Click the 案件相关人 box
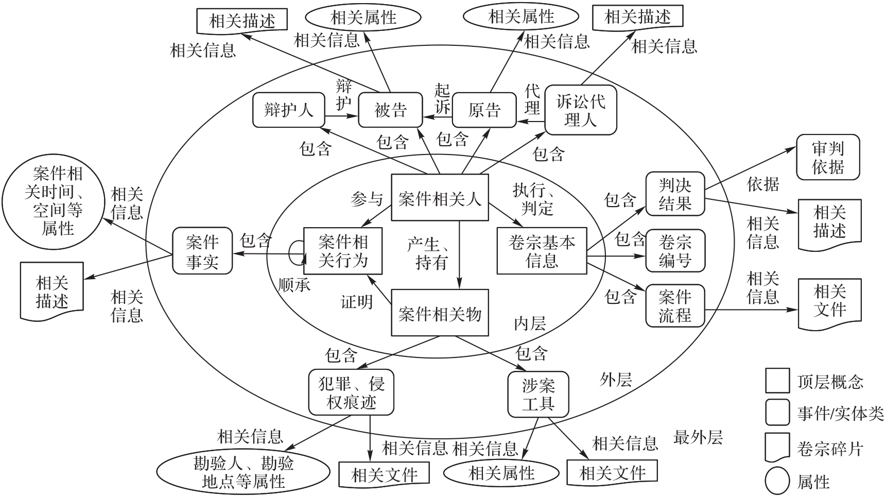(440, 198)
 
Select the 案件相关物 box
(440, 313)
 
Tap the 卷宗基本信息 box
(542, 251)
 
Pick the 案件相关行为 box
(343, 251)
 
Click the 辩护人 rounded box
(289, 110)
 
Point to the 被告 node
(390, 110)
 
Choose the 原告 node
(484, 110)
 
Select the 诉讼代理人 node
(580, 110)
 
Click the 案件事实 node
(202, 251)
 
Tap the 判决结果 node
(675, 193)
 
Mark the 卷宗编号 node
(675, 251)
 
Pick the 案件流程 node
(675, 305)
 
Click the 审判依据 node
(828, 157)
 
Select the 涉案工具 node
(538, 394)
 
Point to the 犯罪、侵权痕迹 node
(351, 392)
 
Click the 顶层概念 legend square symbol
(777, 381)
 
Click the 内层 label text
(530, 323)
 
